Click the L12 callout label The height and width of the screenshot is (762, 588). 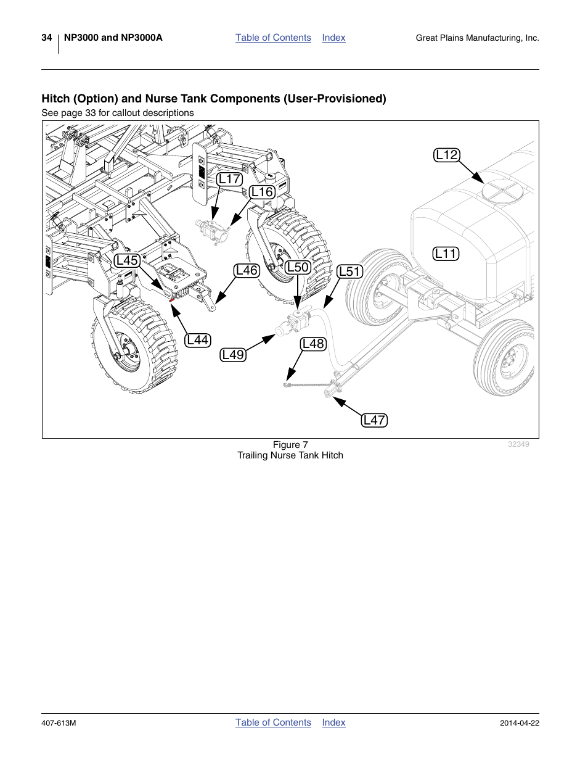coord(447,155)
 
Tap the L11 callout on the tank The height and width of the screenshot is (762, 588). coord(446,254)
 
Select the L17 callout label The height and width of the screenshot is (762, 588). coord(229,179)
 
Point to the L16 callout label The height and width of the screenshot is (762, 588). coord(262,192)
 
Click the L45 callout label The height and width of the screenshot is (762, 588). coord(127,260)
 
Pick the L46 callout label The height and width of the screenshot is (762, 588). coord(247,270)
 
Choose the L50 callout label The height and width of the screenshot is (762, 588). coord(298,267)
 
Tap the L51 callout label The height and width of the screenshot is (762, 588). coord(349,271)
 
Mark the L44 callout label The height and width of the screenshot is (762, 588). coord(198,340)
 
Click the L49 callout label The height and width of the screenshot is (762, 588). coord(233,355)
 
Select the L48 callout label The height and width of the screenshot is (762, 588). coord(313,344)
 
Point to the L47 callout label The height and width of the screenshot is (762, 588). coord(374,420)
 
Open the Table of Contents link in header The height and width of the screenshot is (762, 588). coord(273,38)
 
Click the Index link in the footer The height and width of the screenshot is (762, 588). coord(333,723)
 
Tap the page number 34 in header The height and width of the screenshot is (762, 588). coord(47,38)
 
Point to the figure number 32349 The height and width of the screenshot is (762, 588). coord(518,444)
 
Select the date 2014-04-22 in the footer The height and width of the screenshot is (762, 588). coord(519,723)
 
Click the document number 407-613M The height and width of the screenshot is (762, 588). coord(59,723)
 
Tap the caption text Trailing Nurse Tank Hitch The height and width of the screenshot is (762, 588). coord(290,455)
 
